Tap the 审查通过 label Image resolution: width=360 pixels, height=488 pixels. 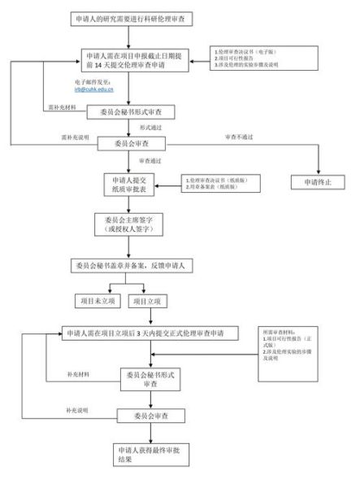pos(150,161)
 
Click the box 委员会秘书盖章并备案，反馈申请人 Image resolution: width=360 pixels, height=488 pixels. pos(134,266)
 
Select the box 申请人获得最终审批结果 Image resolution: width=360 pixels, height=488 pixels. pos(136,453)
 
